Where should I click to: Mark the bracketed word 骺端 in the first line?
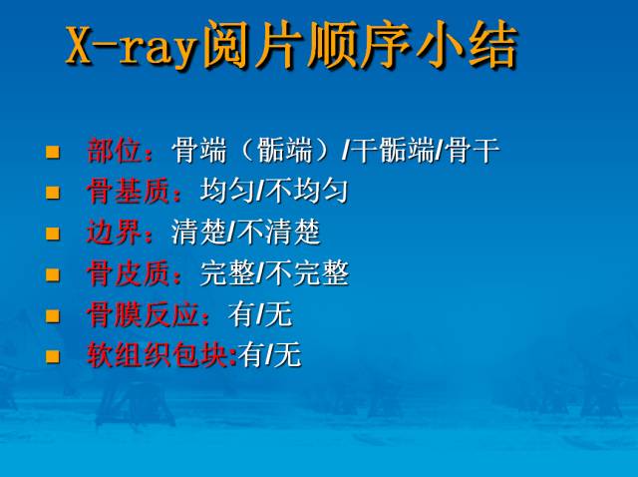point(288,152)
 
